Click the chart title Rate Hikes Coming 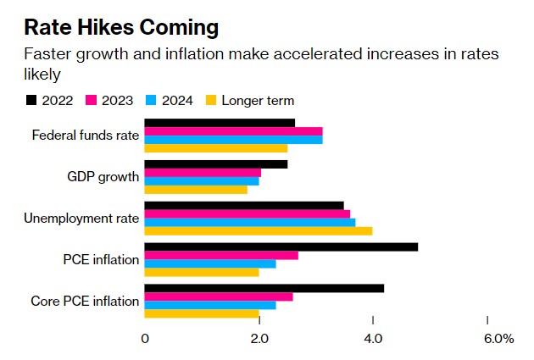coord(122,27)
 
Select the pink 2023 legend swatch coord(93,101)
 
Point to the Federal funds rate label coord(85,136)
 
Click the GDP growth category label coord(103,177)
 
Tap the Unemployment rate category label coord(81,219)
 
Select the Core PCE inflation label coord(85,301)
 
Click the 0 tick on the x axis coord(145,339)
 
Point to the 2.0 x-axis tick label coord(259,339)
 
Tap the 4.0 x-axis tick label coord(373,339)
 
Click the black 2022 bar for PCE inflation coord(281,246)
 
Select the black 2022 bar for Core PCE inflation coord(264,288)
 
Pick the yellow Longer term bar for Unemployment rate coord(259,231)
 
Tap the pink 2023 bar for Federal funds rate coord(234,131)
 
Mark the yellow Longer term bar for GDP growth coord(196,190)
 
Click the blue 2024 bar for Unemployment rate coord(250,222)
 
